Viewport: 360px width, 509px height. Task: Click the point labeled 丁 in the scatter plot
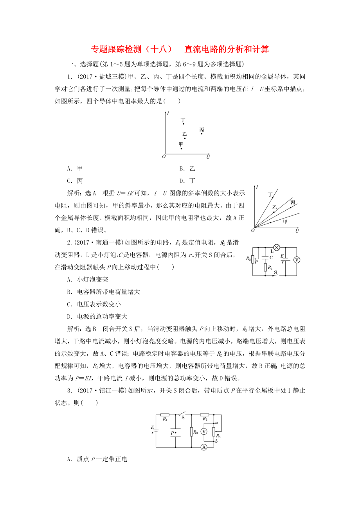[183, 124]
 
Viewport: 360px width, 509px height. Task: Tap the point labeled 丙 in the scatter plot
[202, 134]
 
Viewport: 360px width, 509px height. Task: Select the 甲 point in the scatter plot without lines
[181, 149]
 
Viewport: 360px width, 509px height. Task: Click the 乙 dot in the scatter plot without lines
[185, 138]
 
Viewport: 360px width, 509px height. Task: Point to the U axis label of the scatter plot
[208, 157]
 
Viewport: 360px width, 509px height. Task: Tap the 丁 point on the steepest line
[273, 198]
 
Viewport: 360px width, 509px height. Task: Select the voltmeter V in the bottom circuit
[203, 431]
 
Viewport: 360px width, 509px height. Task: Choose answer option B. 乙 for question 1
[187, 168]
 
